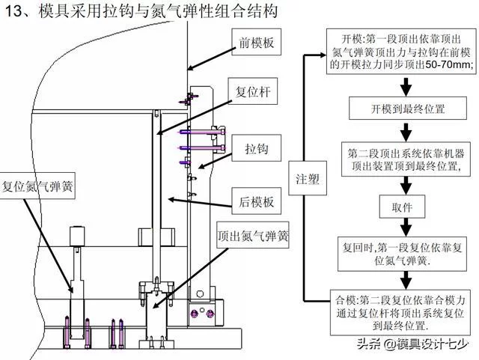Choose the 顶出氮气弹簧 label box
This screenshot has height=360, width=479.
tap(253, 235)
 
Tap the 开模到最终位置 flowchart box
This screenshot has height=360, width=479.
tap(403, 109)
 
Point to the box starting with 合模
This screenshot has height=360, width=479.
tap(403, 311)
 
